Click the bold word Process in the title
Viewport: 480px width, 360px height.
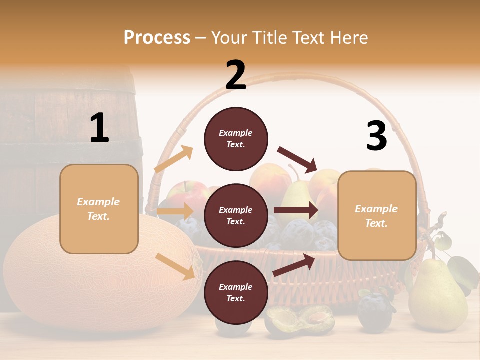[157, 37]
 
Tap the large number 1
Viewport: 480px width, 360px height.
[99, 128]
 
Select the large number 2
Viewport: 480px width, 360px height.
[236, 75]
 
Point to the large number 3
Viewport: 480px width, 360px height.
[376, 136]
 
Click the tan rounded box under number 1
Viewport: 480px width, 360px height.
[99, 209]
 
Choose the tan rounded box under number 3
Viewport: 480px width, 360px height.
[377, 215]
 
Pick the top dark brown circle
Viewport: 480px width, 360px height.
[236, 139]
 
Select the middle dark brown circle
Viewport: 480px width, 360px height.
[236, 215]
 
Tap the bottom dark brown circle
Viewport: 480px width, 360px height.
[236, 292]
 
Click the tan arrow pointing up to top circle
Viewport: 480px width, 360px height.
[174, 159]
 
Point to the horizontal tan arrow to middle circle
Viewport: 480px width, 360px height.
[175, 211]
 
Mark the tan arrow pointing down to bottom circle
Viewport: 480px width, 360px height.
[175, 266]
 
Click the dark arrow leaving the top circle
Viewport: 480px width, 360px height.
[297, 159]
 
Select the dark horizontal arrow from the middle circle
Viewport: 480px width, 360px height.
[295, 210]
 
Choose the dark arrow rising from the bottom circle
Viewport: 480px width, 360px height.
[294, 265]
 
